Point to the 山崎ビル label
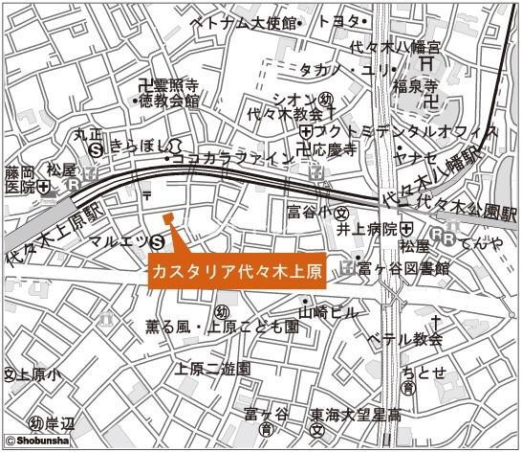[x=328, y=311]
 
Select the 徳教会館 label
[x=168, y=100]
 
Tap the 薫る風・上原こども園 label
[x=222, y=327]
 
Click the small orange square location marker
[x=168, y=218]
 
